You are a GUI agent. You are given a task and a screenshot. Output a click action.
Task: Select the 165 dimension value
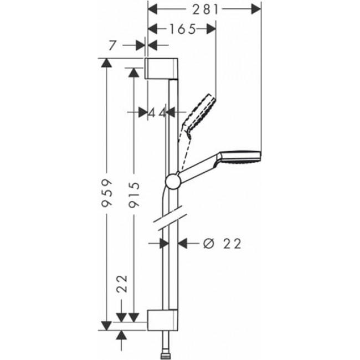point(182,29)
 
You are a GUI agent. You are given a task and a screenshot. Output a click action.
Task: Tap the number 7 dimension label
point(112,45)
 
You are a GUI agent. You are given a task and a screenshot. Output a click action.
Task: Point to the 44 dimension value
point(158,112)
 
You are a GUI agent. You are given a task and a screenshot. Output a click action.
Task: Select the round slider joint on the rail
point(172,181)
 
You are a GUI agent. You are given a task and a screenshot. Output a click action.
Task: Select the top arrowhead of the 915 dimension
point(133,72)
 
